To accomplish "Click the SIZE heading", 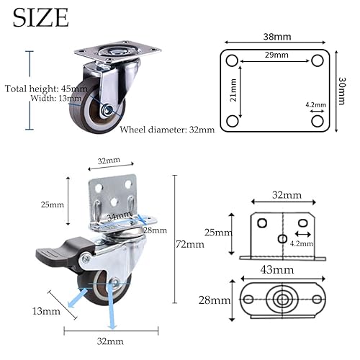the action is (41, 17).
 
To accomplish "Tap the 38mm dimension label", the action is (277, 37).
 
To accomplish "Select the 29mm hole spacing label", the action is (276, 55).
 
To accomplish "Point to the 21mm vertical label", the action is (233, 90).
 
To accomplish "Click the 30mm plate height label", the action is (342, 91).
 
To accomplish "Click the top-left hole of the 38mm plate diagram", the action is (232, 60).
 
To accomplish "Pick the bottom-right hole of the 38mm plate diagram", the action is (318, 121).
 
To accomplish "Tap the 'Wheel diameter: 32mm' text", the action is (167, 130).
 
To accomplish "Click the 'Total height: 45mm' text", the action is (46, 89).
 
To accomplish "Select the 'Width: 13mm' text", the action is (56, 98).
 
